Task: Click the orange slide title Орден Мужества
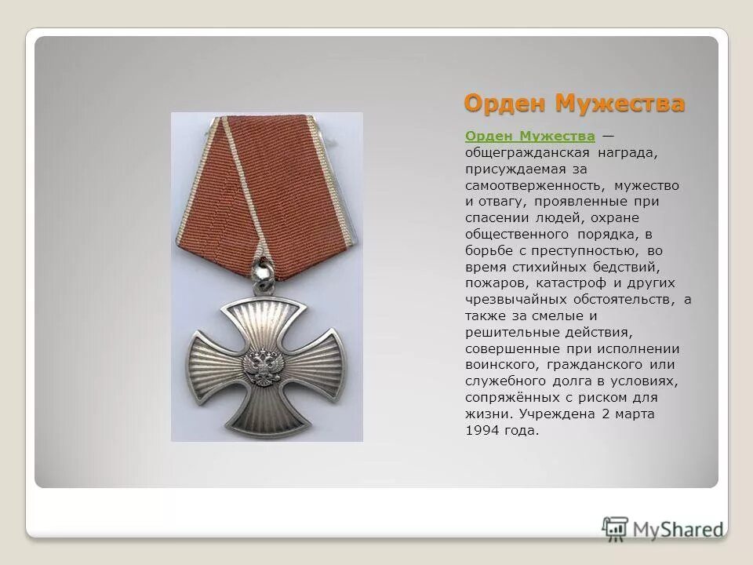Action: pos(573,103)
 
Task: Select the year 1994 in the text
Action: pos(481,430)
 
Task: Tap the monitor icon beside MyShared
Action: pos(615,527)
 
